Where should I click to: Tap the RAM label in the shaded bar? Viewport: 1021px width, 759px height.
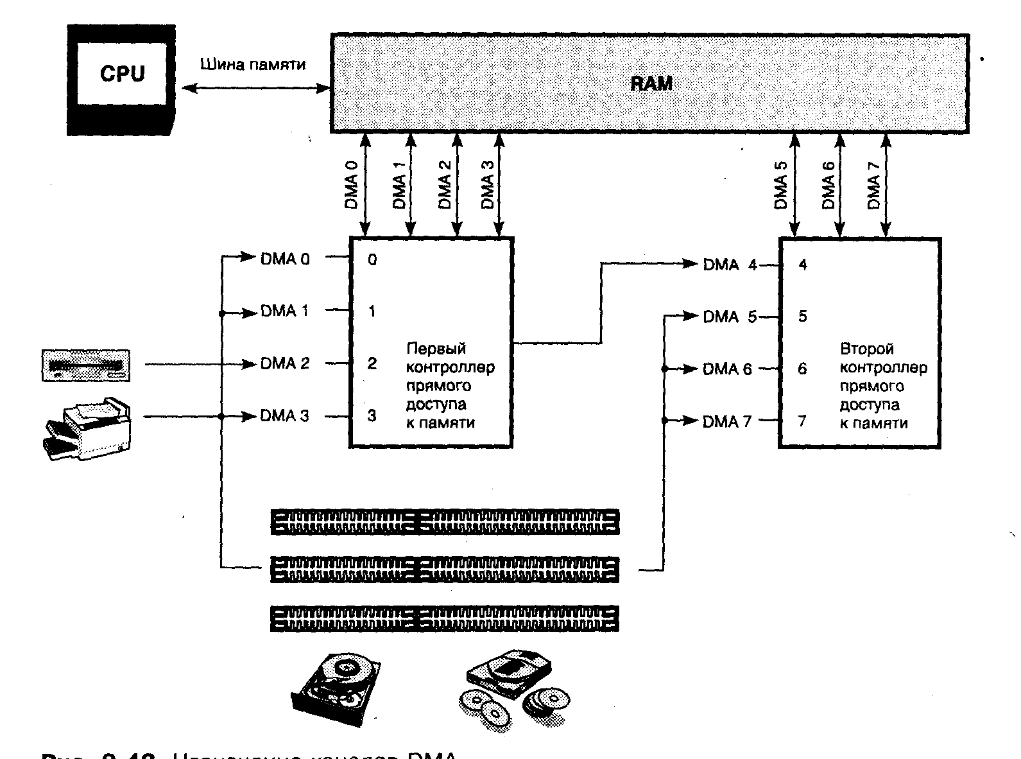point(651,83)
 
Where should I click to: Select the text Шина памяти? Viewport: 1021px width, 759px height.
point(253,65)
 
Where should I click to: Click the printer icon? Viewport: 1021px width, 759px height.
point(88,429)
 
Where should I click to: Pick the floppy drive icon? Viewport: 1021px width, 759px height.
point(85,365)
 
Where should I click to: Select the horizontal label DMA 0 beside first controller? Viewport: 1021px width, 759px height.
point(284,259)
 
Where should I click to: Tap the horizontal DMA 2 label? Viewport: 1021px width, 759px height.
point(284,364)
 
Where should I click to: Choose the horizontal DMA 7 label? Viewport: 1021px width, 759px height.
point(726,422)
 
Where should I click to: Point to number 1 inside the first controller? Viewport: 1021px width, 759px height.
point(372,312)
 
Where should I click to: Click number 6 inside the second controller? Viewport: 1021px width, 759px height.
point(802,369)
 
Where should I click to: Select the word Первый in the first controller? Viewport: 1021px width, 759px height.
point(436,349)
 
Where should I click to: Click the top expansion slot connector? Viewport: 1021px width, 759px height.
point(445,522)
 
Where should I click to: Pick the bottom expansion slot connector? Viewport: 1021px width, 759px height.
point(445,618)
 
